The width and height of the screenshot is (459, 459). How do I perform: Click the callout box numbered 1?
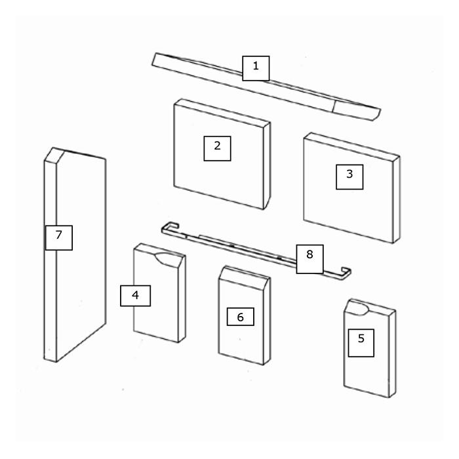[x=256, y=68]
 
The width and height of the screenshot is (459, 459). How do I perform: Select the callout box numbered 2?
[x=217, y=148]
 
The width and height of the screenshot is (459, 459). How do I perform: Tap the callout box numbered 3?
[x=349, y=177]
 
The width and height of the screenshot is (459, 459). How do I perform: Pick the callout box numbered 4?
[x=135, y=296]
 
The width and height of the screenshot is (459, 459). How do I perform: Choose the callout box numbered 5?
[x=361, y=343]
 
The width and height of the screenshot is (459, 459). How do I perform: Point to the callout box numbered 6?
[x=241, y=317]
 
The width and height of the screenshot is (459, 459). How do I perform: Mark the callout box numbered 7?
[x=59, y=237]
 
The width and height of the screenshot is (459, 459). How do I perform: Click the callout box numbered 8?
[x=309, y=259]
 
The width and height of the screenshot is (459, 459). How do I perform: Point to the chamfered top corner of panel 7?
[x=54, y=155]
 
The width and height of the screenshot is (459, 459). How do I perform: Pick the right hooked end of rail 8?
[x=344, y=273]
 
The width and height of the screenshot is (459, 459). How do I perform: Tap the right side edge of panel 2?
[x=267, y=166]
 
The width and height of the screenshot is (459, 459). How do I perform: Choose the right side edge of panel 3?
[x=396, y=199]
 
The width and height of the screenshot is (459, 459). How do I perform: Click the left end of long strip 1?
[x=155, y=60]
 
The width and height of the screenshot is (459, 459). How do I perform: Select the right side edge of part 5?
[x=392, y=354]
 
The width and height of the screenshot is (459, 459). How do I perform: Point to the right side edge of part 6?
[x=267, y=321]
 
